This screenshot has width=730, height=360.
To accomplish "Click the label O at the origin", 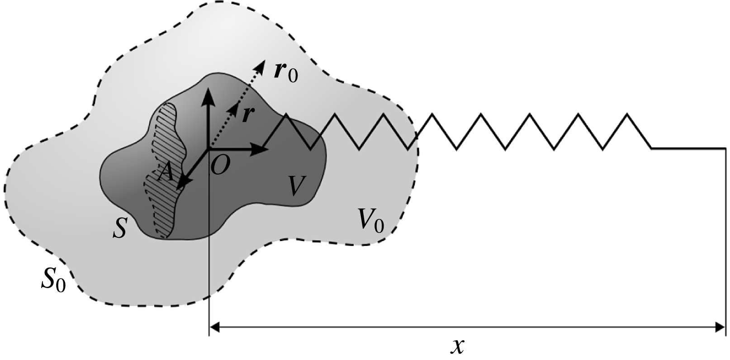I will [220, 167].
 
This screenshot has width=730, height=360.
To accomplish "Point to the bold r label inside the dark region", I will [247, 114].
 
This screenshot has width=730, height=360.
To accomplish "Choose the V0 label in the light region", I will [370, 220].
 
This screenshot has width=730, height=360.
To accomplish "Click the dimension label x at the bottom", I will [457, 346].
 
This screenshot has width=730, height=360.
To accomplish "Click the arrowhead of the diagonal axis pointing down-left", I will [182, 184].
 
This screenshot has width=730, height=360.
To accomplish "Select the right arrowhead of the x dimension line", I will [721, 326].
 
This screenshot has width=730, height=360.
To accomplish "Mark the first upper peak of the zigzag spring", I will [286, 114].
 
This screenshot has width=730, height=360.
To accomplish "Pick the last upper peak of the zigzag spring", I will [627, 114].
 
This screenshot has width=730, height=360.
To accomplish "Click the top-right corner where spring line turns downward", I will [725, 148].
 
